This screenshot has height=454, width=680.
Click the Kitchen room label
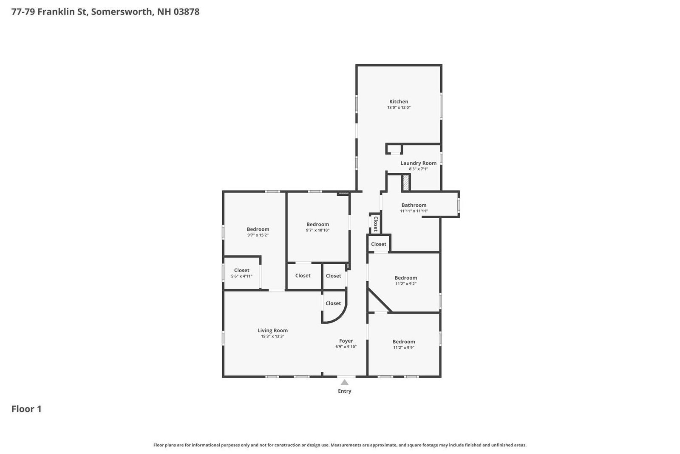click(399, 102)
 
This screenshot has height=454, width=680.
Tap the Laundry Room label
click(418, 163)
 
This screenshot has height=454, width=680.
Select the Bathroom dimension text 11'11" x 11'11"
click(414, 211)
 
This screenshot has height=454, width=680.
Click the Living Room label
click(272, 330)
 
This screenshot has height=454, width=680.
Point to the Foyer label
click(346, 341)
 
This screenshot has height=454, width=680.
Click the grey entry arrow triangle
click(345, 382)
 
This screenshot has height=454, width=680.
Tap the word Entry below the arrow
click(345, 391)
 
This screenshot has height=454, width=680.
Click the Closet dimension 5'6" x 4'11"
click(242, 276)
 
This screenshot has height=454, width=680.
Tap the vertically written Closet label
click(376, 224)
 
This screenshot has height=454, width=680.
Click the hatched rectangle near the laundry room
click(406, 183)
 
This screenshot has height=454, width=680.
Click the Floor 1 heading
click(26, 409)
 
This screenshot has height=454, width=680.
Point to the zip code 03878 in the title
click(187, 12)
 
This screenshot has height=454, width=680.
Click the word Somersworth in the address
click(122, 12)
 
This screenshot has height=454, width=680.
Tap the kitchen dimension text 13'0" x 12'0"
click(399, 108)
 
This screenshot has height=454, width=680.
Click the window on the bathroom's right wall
click(459, 204)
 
